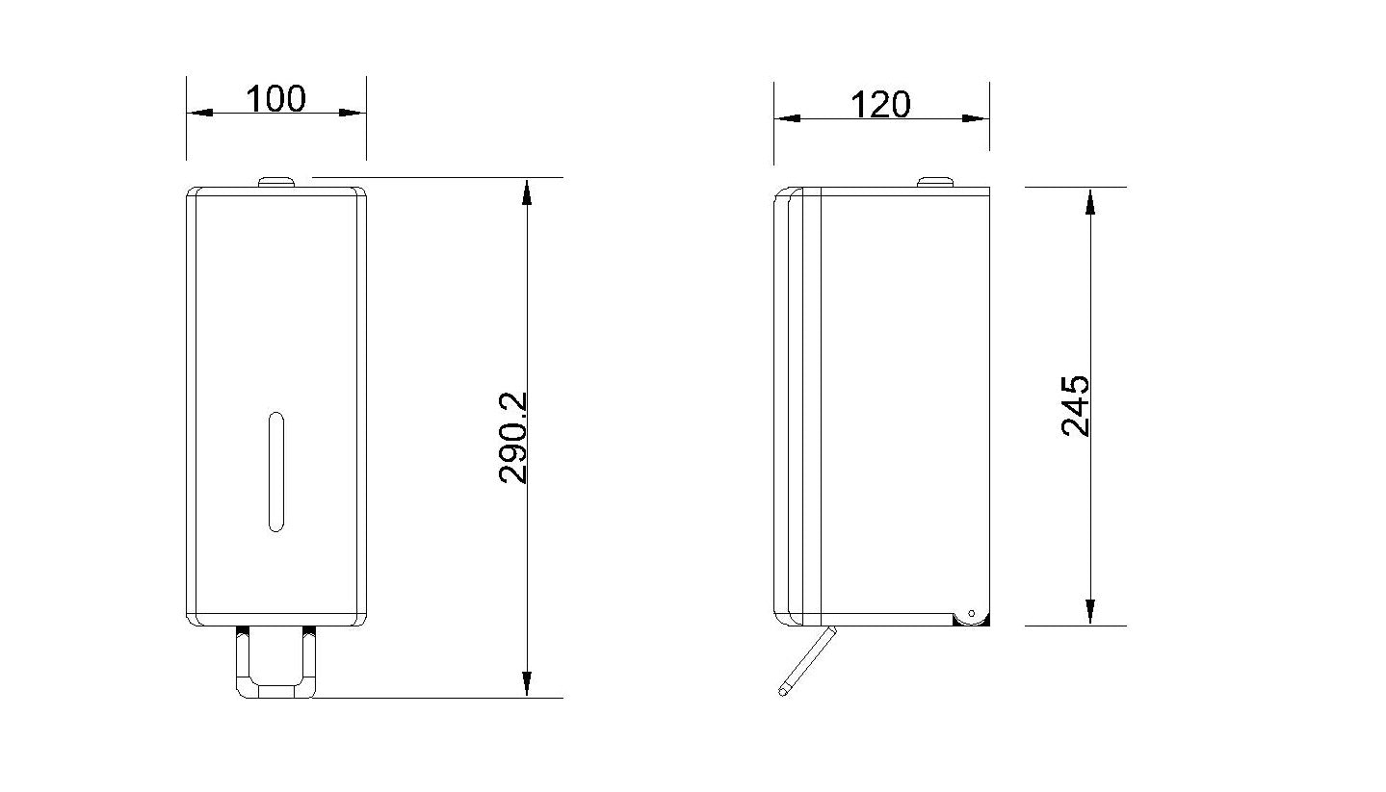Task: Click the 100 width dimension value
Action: point(275,98)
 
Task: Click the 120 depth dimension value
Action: point(881,104)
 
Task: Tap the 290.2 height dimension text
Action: point(514,437)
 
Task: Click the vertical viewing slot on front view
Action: point(275,472)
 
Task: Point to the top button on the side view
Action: point(933,181)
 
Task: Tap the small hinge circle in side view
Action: point(971,613)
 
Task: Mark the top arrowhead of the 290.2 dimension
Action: point(526,192)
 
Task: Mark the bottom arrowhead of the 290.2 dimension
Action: point(526,683)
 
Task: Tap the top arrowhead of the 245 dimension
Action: point(1090,200)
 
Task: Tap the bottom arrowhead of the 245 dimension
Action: point(1090,611)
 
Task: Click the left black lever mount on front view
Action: point(242,632)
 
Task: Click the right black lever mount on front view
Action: point(308,632)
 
